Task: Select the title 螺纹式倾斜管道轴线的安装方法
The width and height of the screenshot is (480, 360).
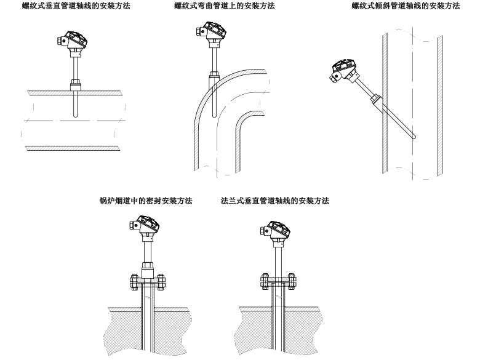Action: tap(406, 6)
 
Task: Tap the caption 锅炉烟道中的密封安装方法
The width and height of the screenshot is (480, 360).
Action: tap(146, 201)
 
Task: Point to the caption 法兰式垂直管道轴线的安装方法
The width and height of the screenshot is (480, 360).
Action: tap(274, 201)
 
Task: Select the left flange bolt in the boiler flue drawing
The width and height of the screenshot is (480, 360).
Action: tap(134, 282)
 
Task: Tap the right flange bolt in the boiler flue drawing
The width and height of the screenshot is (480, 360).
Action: tap(161, 282)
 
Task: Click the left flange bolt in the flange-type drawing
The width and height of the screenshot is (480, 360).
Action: tap(262, 282)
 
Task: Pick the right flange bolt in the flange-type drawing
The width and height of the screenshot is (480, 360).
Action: tap(290, 282)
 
